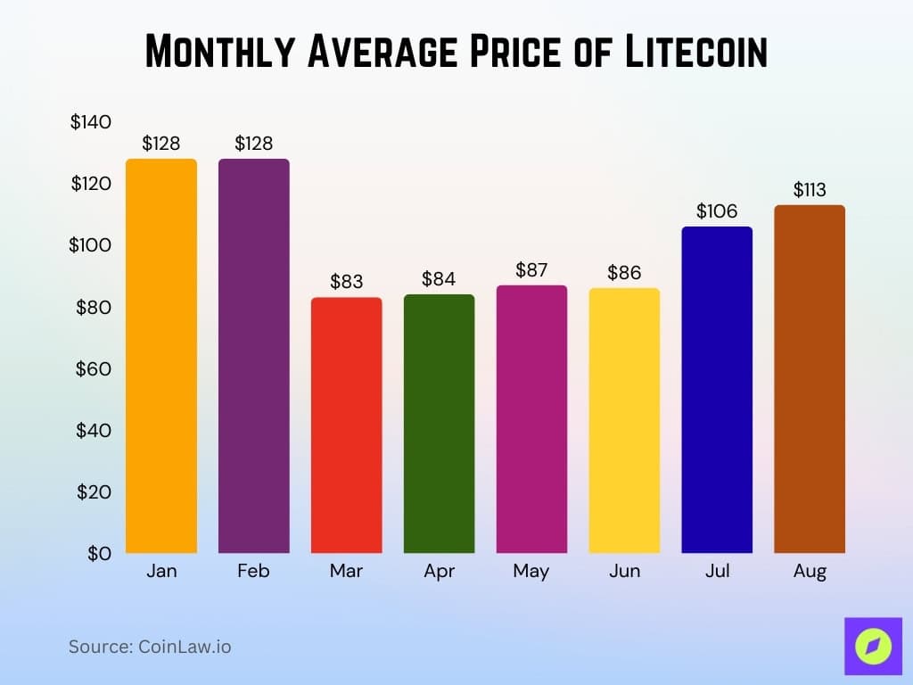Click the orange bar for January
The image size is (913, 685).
pyautogui.click(x=161, y=356)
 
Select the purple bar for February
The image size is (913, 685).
pyautogui.click(x=254, y=356)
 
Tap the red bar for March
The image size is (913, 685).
pyautogui.click(x=346, y=425)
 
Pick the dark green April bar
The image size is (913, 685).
pyautogui.click(x=439, y=424)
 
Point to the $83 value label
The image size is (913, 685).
pyautogui.click(x=346, y=282)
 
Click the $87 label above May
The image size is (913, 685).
pyautogui.click(x=531, y=270)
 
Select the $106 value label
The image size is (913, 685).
pyautogui.click(x=717, y=211)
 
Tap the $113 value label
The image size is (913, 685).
pyautogui.click(x=810, y=190)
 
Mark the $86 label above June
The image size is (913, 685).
pyautogui.click(x=624, y=273)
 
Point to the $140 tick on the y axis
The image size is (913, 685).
pyautogui.click(x=91, y=122)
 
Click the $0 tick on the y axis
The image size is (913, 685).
pyautogui.click(x=99, y=553)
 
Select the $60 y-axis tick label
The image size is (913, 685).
pyautogui.click(x=94, y=368)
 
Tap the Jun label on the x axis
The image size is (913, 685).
pyautogui.click(x=624, y=572)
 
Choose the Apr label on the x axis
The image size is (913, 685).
pyautogui.click(x=439, y=572)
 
